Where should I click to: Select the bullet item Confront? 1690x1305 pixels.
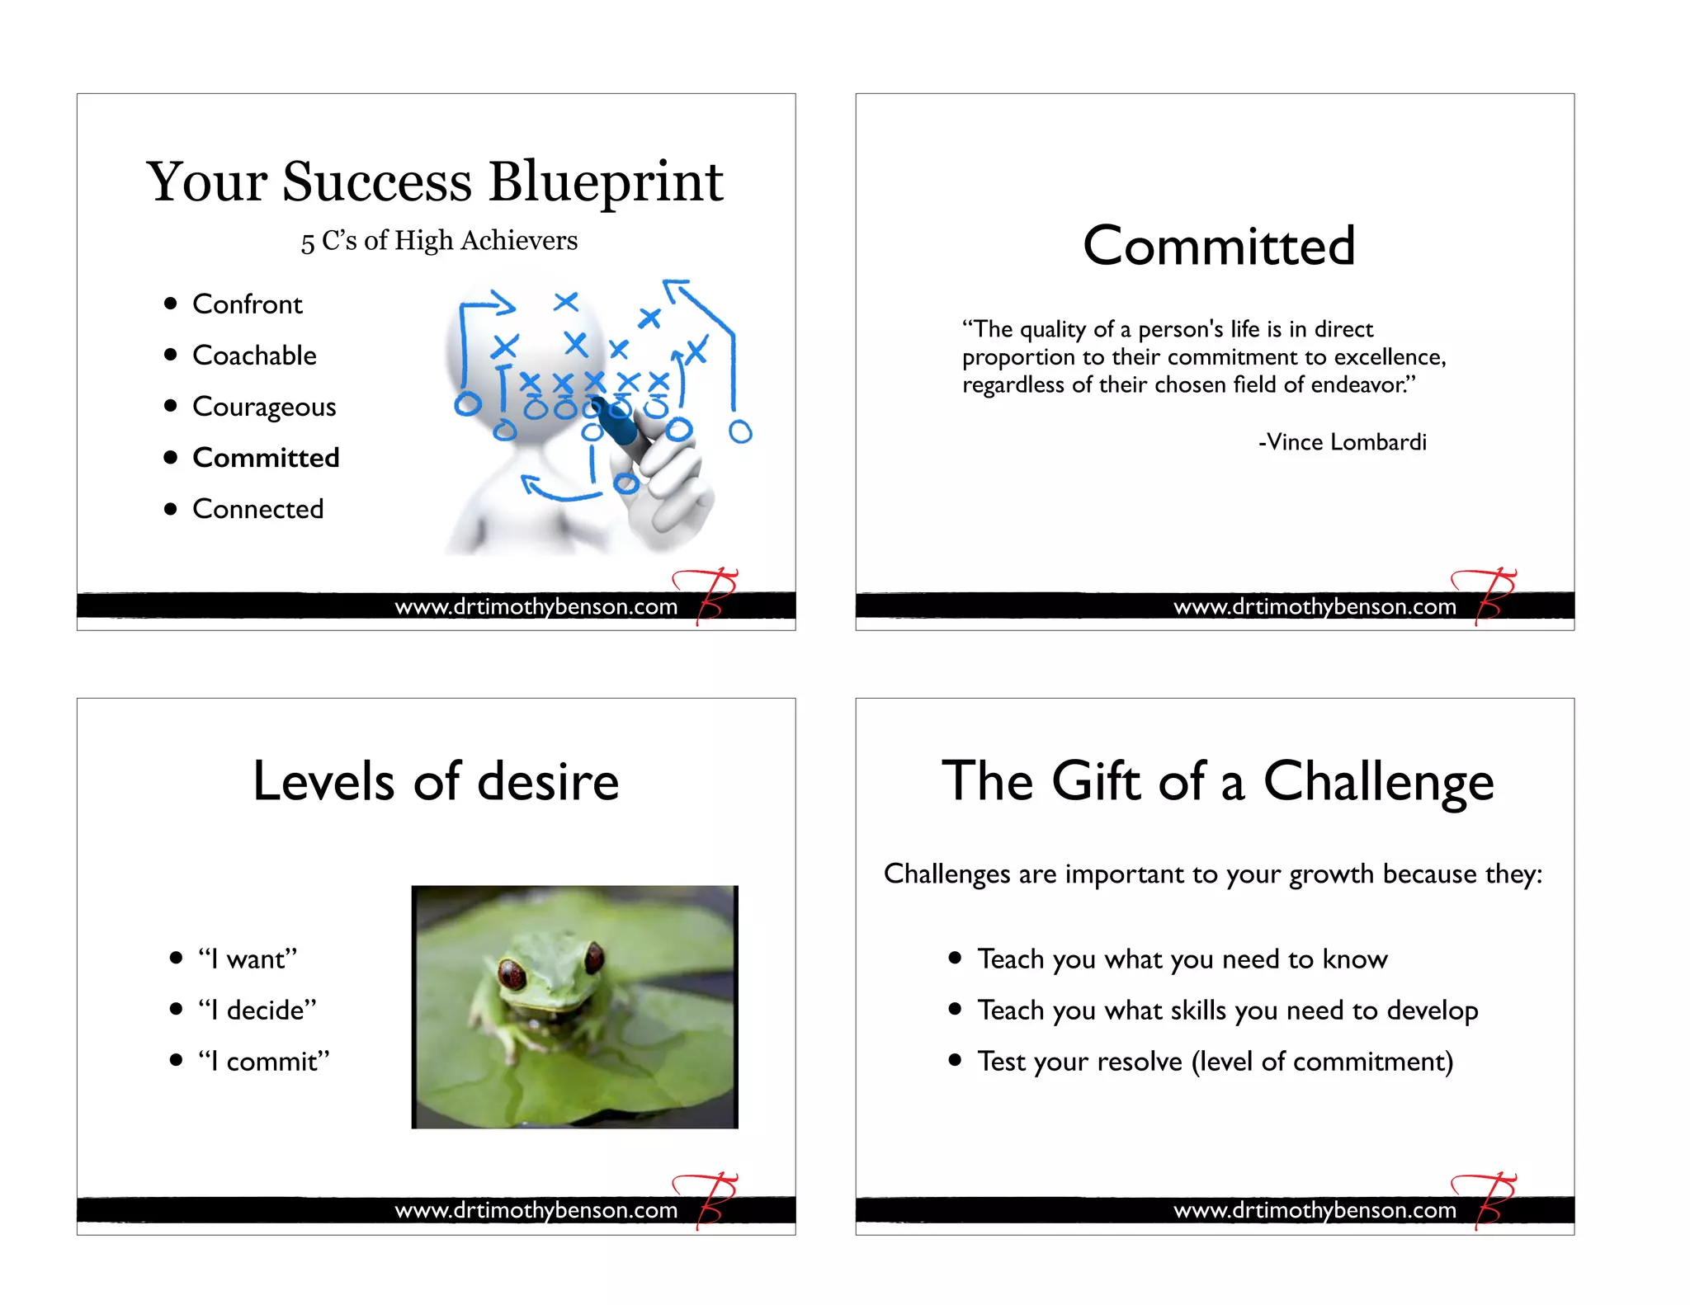(x=247, y=304)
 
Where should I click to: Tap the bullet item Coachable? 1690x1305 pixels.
(x=254, y=356)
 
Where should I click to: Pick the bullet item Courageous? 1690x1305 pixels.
(x=264, y=407)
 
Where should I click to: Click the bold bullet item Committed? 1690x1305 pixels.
(x=266, y=458)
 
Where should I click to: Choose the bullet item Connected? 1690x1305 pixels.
(x=257, y=509)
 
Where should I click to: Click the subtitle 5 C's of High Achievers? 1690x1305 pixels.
(x=439, y=241)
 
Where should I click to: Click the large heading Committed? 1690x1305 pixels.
(x=1218, y=246)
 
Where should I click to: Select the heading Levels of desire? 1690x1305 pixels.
(x=436, y=781)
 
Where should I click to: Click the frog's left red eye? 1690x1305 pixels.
(x=512, y=974)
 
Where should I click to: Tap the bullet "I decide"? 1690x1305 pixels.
(x=257, y=1010)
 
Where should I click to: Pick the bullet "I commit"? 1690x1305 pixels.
(x=263, y=1061)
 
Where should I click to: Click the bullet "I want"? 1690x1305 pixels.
(x=247, y=959)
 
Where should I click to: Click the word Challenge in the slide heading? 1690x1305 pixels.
(x=1378, y=781)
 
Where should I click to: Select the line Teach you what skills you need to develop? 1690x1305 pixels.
(x=1227, y=1010)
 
